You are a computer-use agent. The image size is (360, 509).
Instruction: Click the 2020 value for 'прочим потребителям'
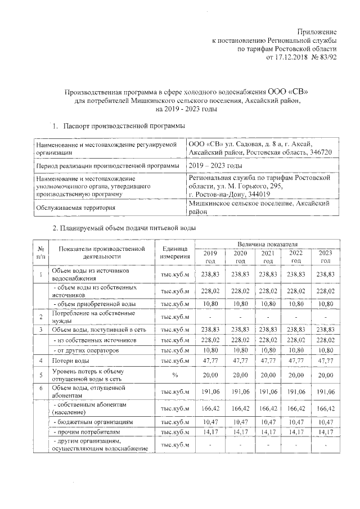tap(240, 431)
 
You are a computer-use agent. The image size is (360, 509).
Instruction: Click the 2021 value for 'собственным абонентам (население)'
tap(268, 408)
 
